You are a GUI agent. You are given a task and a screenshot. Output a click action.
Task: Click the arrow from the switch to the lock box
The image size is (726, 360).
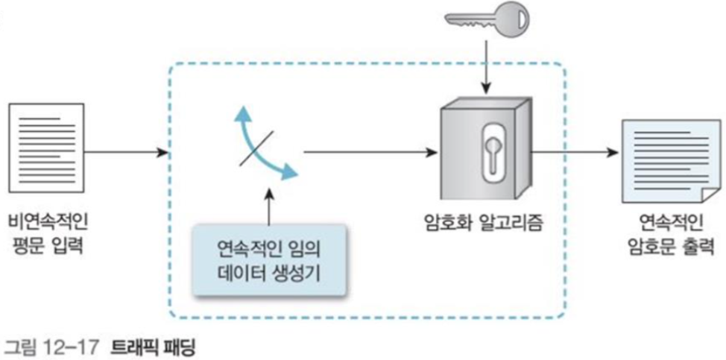pyautogui.click(x=369, y=154)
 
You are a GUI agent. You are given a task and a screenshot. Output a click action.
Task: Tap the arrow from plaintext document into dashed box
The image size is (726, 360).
pyautogui.click(x=127, y=154)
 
